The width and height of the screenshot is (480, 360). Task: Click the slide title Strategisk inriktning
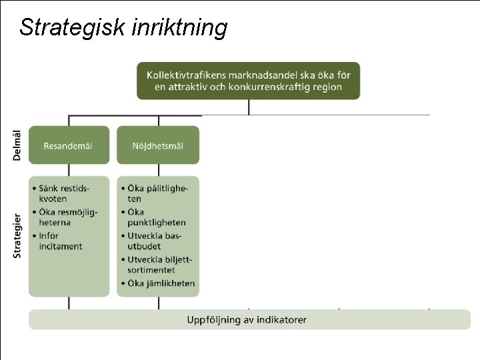point(123,28)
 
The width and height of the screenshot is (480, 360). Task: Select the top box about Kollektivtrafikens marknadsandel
point(248,81)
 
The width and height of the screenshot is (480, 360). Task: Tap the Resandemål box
point(69,145)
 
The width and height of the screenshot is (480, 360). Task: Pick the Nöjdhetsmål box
point(158,145)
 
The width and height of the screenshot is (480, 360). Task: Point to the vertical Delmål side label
point(17,144)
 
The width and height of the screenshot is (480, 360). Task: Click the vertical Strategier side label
point(17,235)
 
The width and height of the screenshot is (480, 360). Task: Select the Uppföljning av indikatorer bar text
point(247,320)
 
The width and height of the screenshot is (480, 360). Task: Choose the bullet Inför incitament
point(61,241)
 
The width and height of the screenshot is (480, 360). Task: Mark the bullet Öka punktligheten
point(157,217)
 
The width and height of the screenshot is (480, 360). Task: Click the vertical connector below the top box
point(249,107)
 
